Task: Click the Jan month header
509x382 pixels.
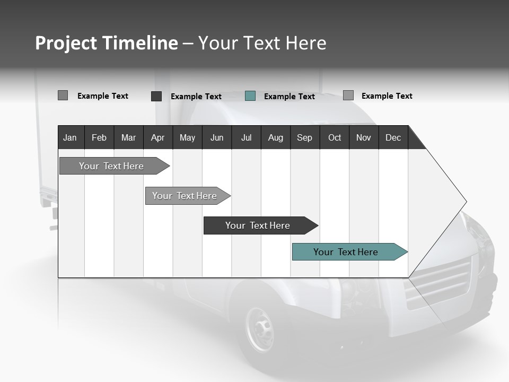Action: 70,137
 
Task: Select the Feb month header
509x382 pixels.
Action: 99,137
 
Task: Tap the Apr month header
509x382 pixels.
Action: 157,137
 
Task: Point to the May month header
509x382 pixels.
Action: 187,137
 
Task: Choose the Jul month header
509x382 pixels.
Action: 246,137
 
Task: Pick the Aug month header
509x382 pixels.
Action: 275,137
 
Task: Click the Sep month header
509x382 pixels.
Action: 304,137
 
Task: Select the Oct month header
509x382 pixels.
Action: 335,137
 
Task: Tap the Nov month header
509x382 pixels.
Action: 363,137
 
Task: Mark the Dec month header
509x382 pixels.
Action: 393,137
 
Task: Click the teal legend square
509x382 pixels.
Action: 250,96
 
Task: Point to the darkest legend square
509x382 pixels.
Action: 156,96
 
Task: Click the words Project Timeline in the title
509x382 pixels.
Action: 107,43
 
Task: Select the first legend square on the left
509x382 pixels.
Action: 63,95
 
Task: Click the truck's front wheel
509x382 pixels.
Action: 260,329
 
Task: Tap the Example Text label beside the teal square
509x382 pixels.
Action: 289,97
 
